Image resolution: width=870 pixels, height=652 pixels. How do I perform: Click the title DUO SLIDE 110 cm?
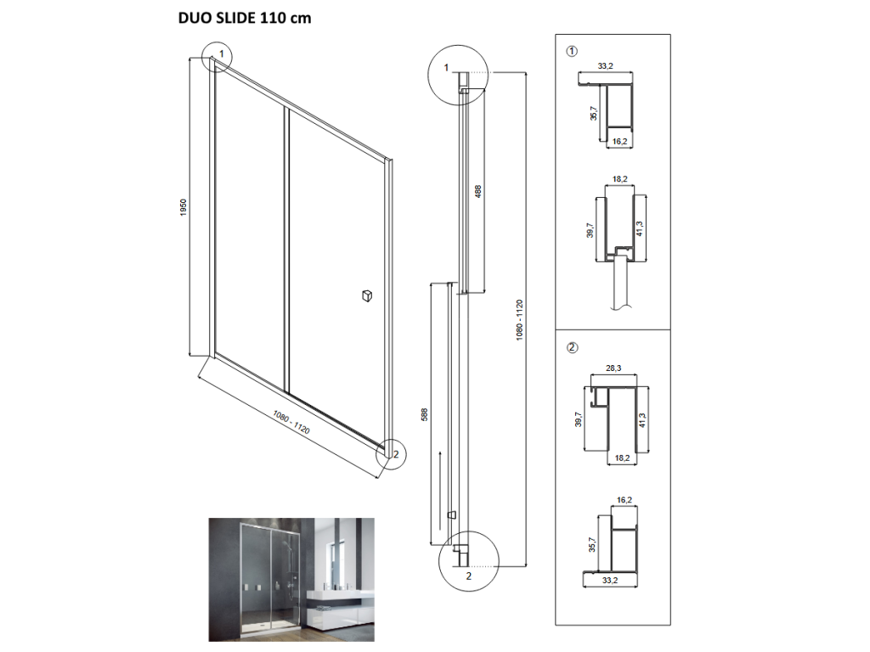[x=245, y=19]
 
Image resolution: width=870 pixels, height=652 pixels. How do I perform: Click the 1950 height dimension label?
[x=184, y=207]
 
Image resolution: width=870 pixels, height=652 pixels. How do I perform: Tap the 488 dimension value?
[x=478, y=191]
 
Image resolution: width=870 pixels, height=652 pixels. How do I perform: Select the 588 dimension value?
[x=425, y=414]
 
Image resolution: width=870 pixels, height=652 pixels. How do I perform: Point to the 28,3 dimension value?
[x=613, y=368]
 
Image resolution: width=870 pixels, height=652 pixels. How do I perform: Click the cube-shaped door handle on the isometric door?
[x=367, y=295]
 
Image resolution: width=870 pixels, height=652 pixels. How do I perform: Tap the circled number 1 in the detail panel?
[x=572, y=51]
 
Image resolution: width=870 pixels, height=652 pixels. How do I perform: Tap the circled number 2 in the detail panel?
[x=572, y=347]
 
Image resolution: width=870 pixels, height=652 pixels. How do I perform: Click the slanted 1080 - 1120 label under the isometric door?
[x=291, y=423]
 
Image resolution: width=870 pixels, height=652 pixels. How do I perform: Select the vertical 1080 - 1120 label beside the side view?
[x=519, y=320]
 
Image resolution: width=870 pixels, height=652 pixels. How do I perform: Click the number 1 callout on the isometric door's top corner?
[x=222, y=54]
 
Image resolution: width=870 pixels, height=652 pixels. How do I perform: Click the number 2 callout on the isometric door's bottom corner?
[x=396, y=455]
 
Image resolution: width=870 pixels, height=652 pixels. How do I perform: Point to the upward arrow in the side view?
[x=440, y=491]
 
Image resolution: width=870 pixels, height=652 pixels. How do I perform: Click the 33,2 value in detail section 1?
[x=605, y=66]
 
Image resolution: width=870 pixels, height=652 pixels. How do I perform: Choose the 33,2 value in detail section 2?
[x=610, y=581]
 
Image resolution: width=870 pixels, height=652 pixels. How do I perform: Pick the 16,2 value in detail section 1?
[x=619, y=142]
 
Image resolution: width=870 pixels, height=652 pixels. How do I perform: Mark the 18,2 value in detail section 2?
[x=622, y=458]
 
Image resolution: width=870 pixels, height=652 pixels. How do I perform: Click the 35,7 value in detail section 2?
[x=592, y=544]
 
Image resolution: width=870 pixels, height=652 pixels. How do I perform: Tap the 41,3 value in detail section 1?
[x=640, y=228]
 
